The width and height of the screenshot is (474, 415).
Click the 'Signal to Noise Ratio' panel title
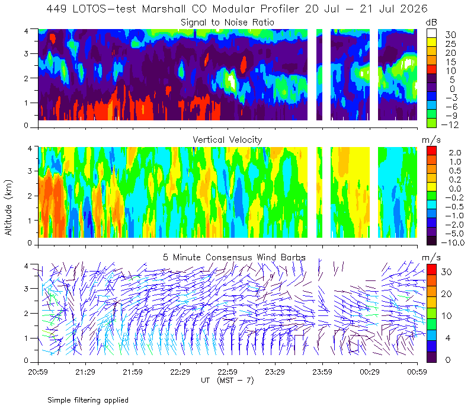click(228, 23)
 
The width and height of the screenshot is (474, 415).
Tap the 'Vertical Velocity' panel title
click(228, 140)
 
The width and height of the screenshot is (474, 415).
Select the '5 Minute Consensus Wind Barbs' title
click(234, 257)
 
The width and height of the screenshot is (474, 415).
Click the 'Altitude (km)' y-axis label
click(8, 207)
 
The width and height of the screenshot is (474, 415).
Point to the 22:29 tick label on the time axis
click(180, 372)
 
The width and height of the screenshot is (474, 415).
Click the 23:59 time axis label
click(322, 372)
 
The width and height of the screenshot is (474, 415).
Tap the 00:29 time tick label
click(370, 372)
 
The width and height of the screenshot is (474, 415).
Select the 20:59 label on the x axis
click(38, 372)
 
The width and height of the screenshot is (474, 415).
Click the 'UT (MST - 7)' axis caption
click(228, 380)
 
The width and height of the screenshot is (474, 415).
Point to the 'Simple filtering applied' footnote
click(88, 400)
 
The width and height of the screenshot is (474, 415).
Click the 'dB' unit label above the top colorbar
click(431, 23)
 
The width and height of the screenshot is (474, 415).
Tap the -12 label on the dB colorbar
click(450, 124)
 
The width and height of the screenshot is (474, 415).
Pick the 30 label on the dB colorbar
click(450, 35)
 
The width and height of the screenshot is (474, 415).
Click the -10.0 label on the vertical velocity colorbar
click(453, 242)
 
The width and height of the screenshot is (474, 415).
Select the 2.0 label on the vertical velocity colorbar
click(455, 153)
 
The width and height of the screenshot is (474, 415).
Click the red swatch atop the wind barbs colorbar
click(431, 269)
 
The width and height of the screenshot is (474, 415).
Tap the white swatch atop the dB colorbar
click(431, 33)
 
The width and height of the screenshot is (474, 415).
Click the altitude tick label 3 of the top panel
click(26, 53)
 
